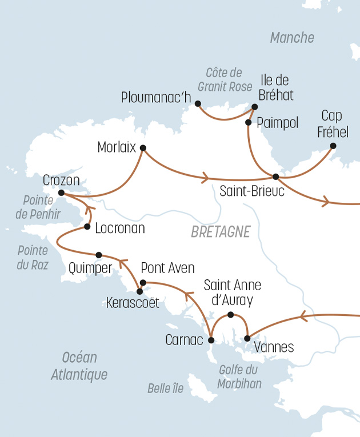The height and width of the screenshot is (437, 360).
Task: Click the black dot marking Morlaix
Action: click(143, 148)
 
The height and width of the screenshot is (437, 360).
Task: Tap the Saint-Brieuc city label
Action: click(252, 191)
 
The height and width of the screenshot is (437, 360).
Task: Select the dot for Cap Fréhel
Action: click(333, 146)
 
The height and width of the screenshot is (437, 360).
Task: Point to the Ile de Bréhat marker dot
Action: click(255, 106)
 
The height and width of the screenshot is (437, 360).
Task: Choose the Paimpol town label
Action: click(278, 123)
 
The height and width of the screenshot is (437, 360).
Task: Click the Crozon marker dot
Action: click(61, 193)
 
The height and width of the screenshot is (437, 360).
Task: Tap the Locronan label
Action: click(120, 228)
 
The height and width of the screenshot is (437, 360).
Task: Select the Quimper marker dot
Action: click(99, 255)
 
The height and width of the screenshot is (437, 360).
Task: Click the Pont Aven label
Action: click(167, 268)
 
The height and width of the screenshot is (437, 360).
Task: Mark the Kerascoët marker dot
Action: click(139, 291)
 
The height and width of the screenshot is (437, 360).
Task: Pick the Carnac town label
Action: click(184, 340)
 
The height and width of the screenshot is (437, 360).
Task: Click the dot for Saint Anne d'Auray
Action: click(230, 315)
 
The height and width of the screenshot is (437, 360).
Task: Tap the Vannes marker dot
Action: click(247, 339)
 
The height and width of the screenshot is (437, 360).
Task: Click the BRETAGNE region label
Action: click(221, 232)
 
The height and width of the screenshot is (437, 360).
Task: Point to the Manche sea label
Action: click(292, 38)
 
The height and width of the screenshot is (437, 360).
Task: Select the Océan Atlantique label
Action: click(79, 366)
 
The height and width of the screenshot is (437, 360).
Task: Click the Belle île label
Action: click(166, 388)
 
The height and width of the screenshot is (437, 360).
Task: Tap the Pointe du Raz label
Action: click(33, 258)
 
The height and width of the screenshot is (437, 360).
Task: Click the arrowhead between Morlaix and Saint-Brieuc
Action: click(204, 178)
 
